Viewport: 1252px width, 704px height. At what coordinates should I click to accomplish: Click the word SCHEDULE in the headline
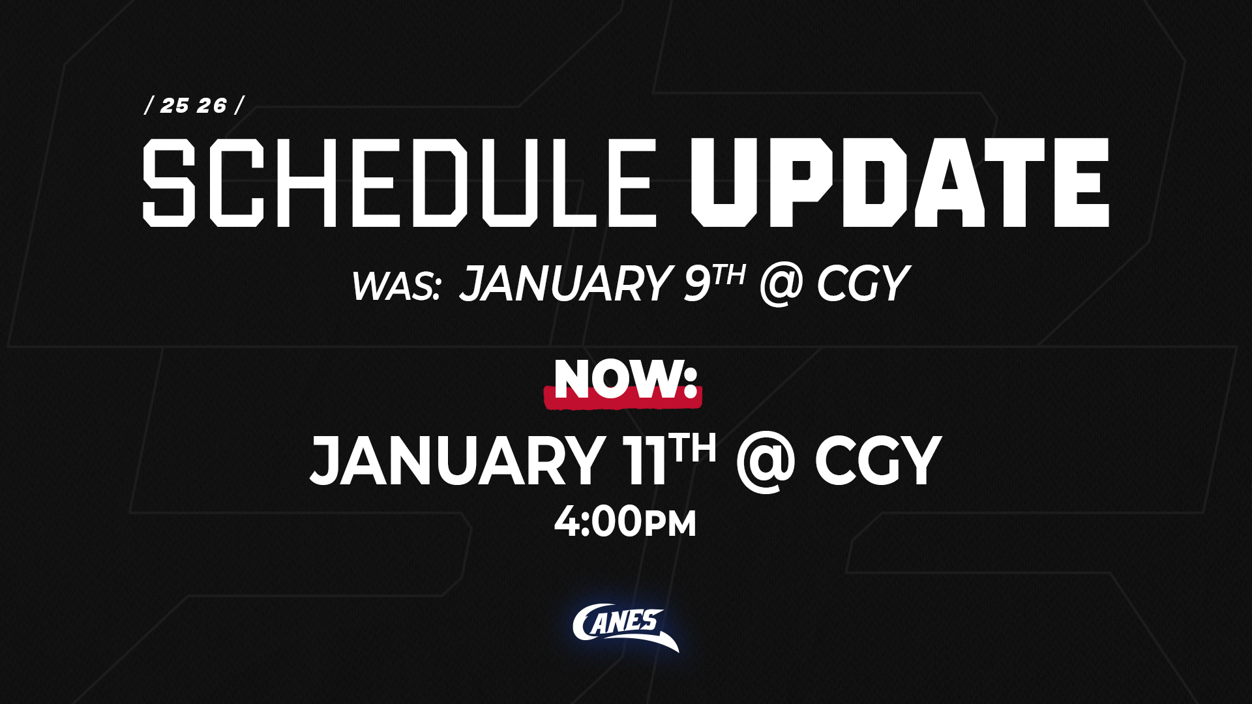tap(399, 183)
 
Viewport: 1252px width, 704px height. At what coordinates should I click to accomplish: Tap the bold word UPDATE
tap(900, 183)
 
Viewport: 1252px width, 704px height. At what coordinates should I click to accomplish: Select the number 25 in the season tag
tap(175, 106)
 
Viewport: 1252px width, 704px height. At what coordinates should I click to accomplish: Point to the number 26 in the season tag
tap(213, 106)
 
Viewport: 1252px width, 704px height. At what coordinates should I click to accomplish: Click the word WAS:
tap(396, 286)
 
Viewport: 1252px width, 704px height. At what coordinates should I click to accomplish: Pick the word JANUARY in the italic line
tap(565, 284)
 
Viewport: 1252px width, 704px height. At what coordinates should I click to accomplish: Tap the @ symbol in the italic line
tap(781, 285)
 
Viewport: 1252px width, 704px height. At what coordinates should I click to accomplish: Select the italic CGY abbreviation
tap(862, 284)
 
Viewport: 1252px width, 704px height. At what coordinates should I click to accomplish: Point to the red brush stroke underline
tap(623, 397)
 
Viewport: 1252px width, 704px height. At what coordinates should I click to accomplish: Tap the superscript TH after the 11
tap(695, 449)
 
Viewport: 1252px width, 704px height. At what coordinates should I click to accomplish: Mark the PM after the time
tap(670, 525)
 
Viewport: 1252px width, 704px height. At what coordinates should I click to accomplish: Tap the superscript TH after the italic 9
tap(728, 275)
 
